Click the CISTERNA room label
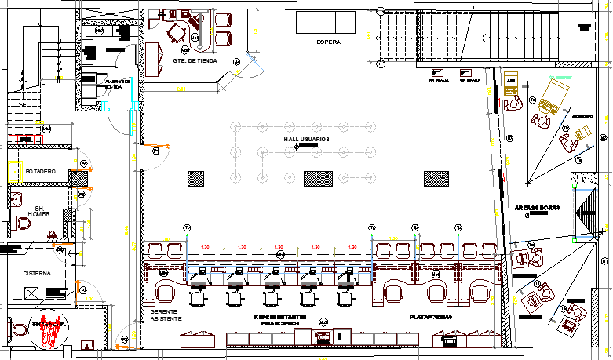pos(38,274)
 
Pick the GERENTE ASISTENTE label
pos(166,315)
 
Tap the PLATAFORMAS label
pos(431,317)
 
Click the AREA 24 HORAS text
pos(537,208)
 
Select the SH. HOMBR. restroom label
pos(39,210)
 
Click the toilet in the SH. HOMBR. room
pos(23,224)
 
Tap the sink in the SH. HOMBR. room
pos(16,198)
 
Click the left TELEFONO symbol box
pos(438,73)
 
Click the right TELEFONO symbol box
pos(469,73)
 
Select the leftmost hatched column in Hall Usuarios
pos(195,179)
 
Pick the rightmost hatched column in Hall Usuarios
pos(436,179)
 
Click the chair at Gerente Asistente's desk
pos(166,293)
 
